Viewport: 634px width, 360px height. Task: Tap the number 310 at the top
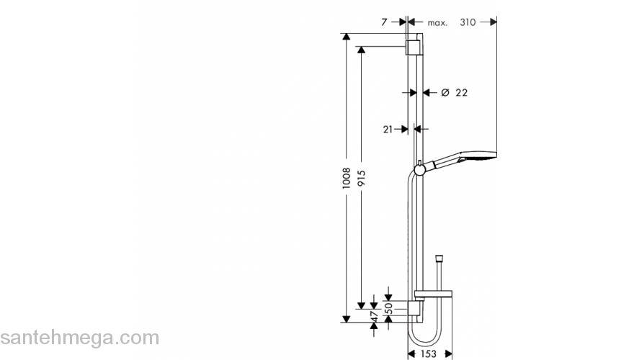point(468,22)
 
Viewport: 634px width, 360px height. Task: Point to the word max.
point(437,22)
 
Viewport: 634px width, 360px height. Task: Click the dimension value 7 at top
point(384,22)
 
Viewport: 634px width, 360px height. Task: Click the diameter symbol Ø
point(445,92)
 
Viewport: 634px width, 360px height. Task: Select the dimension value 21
point(388,129)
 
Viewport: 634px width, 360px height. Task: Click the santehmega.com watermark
point(79,337)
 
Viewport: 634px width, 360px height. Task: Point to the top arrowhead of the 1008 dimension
point(347,36)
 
